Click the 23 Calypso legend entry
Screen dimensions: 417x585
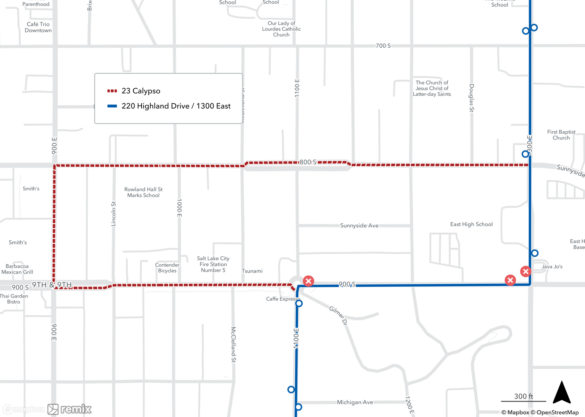click(140, 91)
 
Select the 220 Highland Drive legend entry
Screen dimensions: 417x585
click(175, 106)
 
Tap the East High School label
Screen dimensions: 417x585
click(471, 224)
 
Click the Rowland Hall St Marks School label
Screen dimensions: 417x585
click(143, 192)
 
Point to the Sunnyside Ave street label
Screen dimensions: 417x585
click(359, 225)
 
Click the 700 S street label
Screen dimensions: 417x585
click(383, 46)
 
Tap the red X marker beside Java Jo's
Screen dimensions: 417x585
click(526, 271)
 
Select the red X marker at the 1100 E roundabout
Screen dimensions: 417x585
click(308, 281)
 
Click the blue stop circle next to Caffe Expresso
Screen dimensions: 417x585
click(299, 304)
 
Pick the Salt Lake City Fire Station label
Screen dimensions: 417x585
click(213, 264)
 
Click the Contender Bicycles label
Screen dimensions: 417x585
click(167, 268)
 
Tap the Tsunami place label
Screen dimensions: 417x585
click(252, 271)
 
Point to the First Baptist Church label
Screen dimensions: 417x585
click(561, 135)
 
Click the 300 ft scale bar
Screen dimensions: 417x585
click(523, 398)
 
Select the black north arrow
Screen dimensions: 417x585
click(562, 393)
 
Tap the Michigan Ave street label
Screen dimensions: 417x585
click(355, 402)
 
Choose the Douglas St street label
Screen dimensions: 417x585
click(472, 98)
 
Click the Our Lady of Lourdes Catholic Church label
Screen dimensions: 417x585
click(281, 29)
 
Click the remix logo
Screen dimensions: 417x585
click(70, 409)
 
